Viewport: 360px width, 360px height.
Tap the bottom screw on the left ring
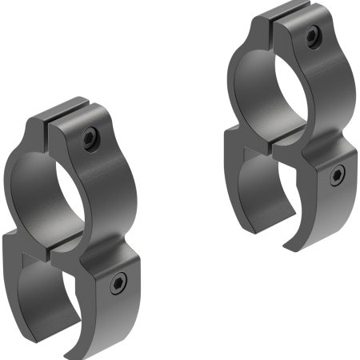(118, 281)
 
